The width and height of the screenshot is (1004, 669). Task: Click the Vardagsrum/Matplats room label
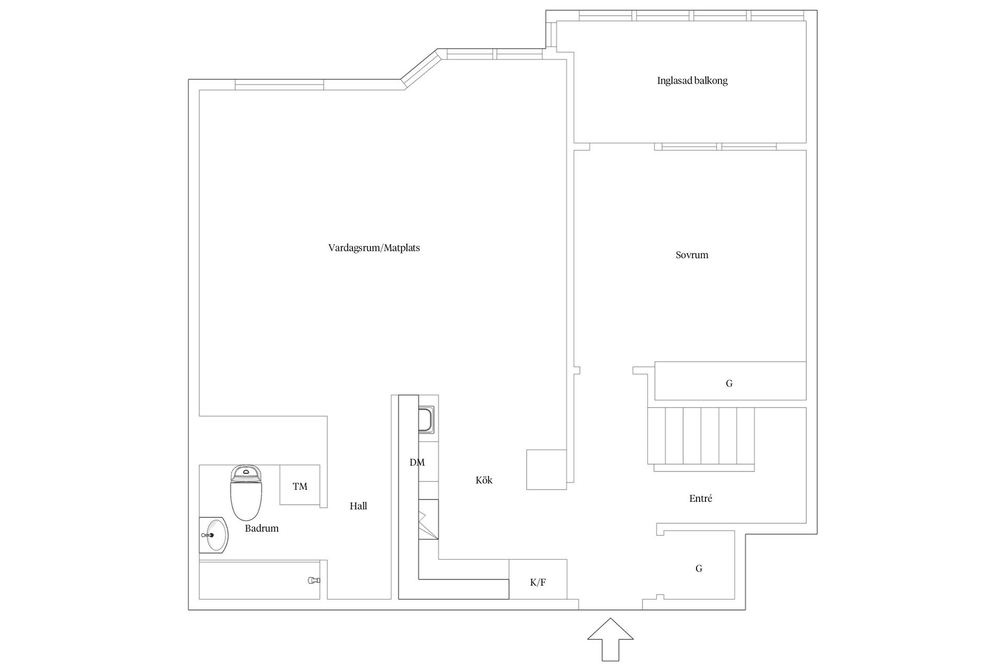click(374, 248)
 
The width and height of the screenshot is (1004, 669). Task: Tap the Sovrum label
click(692, 255)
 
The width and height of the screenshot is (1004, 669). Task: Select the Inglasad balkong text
click(692, 80)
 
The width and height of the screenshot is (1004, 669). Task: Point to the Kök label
click(484, 480)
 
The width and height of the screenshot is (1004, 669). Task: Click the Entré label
click(701, 498)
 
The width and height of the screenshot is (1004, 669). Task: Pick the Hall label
click(358, 506)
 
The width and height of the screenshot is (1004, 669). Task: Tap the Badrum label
click(261, 528)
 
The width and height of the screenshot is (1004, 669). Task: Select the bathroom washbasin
click(214, 535)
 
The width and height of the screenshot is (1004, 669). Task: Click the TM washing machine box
click(300, 485)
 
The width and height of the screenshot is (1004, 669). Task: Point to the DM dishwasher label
click(417, 463)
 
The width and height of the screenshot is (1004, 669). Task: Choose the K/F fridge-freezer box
click(538, 579)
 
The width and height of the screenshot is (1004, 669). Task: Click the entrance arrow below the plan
click(610, 640)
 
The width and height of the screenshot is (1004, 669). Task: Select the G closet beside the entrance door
click(699, 564)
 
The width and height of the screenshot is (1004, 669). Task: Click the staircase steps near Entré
click(701, 436)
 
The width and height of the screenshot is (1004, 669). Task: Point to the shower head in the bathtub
click(313, 580)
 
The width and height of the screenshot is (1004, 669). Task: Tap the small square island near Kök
click(546, 469)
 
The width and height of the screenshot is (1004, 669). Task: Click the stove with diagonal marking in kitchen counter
click(428, 519)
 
